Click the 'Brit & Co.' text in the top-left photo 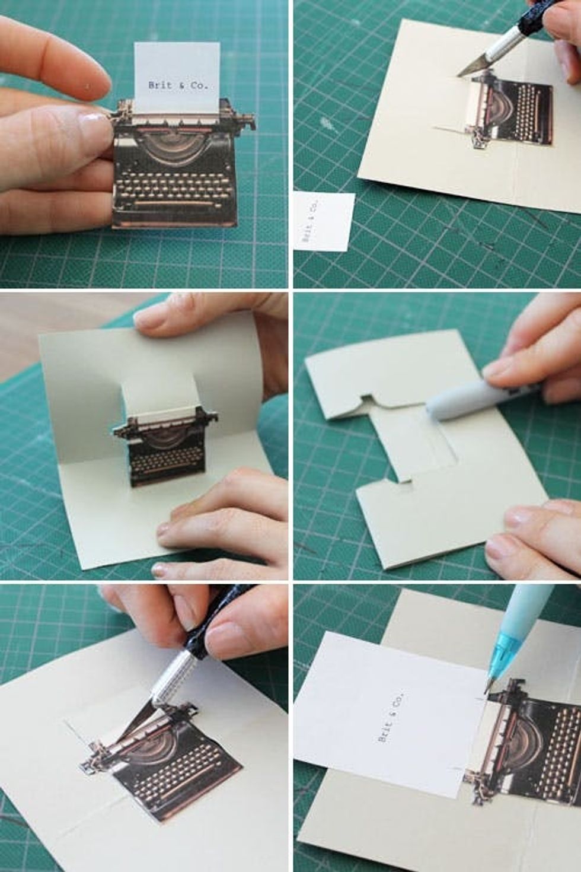pos(178,85)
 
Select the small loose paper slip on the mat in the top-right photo pos(324,221)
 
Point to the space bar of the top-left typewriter pos(175,202)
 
